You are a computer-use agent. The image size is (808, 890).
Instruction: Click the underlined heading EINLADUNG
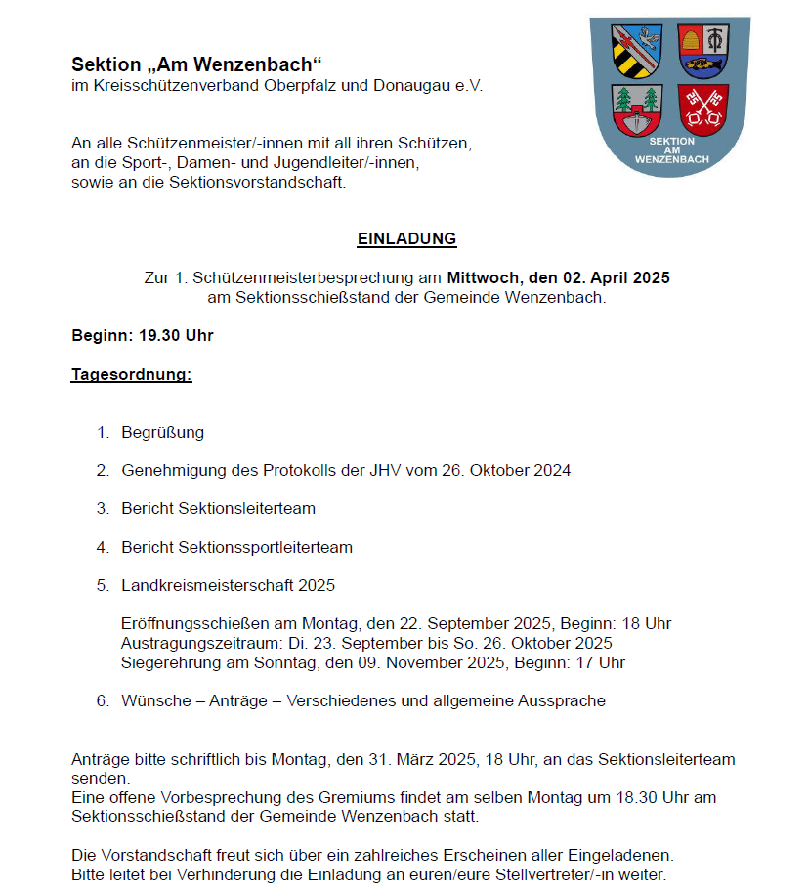(x=406, y=238)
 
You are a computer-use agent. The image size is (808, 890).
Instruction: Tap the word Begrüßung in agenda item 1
(x=162, y=432)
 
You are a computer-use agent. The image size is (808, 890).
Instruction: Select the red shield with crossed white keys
(x=703, y=108)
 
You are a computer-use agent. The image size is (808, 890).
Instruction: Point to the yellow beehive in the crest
(x=690, y=41)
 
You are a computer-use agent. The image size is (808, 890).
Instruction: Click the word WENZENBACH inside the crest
(x=670, y=158)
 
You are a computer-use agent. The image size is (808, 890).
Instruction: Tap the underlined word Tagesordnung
(x=131, y=374)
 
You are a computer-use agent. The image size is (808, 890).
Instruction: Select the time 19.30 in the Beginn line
(x=160, y=336)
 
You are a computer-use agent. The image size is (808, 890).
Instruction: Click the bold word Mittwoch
(x=484, y=277)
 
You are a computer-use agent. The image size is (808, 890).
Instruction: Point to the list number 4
(x=102, y=547)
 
